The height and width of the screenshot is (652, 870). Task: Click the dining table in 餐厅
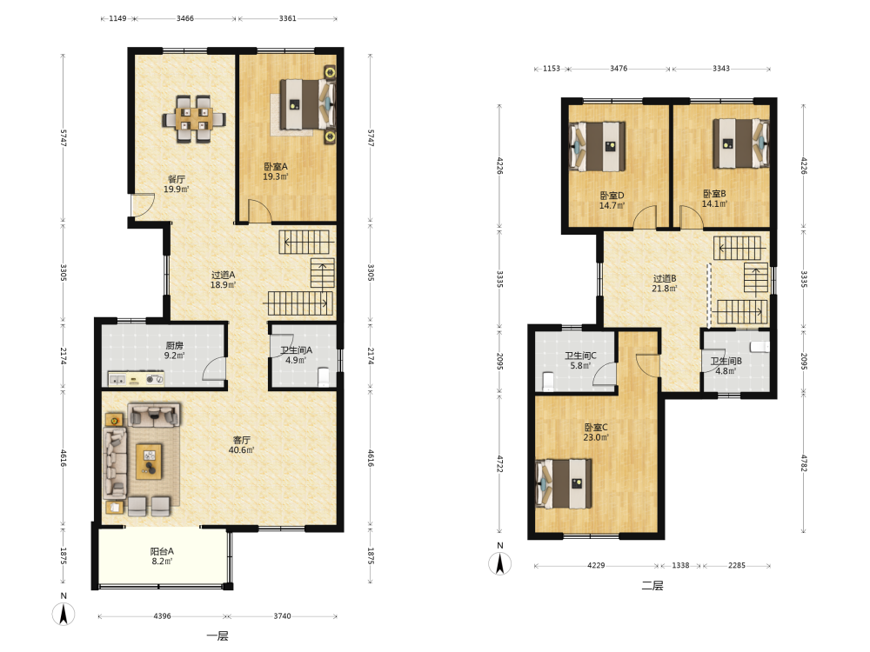pyautogui.click(x=194, y=119)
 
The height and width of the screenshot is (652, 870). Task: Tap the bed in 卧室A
pyautogui.click(x=307, y=103)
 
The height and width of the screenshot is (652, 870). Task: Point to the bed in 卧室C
pyautogui.click(x=563, y=483)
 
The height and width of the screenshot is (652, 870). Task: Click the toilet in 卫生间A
pyautogui.click(x=324, y=376)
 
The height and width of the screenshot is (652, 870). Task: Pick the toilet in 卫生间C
pyautogui.click(x=547, y=382)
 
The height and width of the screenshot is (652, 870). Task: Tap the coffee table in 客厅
pyautogui.click(x=150, y=462)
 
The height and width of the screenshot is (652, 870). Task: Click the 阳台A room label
pyautogui.click(x=162, y=551)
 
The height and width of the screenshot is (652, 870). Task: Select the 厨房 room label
pyautogui.click(x=174, y=345)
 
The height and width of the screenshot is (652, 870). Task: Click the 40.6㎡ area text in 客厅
pyautogui.click(x=241, y=450)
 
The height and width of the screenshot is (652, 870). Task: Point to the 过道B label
pyautogui.click(x=664, y=278)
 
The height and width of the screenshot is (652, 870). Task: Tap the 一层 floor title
pyautogui.click(x=217, y=636)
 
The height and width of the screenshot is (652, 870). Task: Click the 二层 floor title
pyautogui.click(x=652, y=585)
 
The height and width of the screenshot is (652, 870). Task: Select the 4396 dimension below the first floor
pyautogui.click(x=162, y=616)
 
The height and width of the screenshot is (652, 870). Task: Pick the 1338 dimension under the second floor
pyautogui.click(x=680, y=566)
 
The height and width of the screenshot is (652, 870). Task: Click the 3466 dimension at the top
pyautogui.click(x=184, y=18)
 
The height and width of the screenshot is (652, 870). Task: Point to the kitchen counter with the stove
pyautogui.click(x=136, y=379)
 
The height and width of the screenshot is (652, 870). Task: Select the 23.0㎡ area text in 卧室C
pyautogui.click(x=596, y=437)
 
